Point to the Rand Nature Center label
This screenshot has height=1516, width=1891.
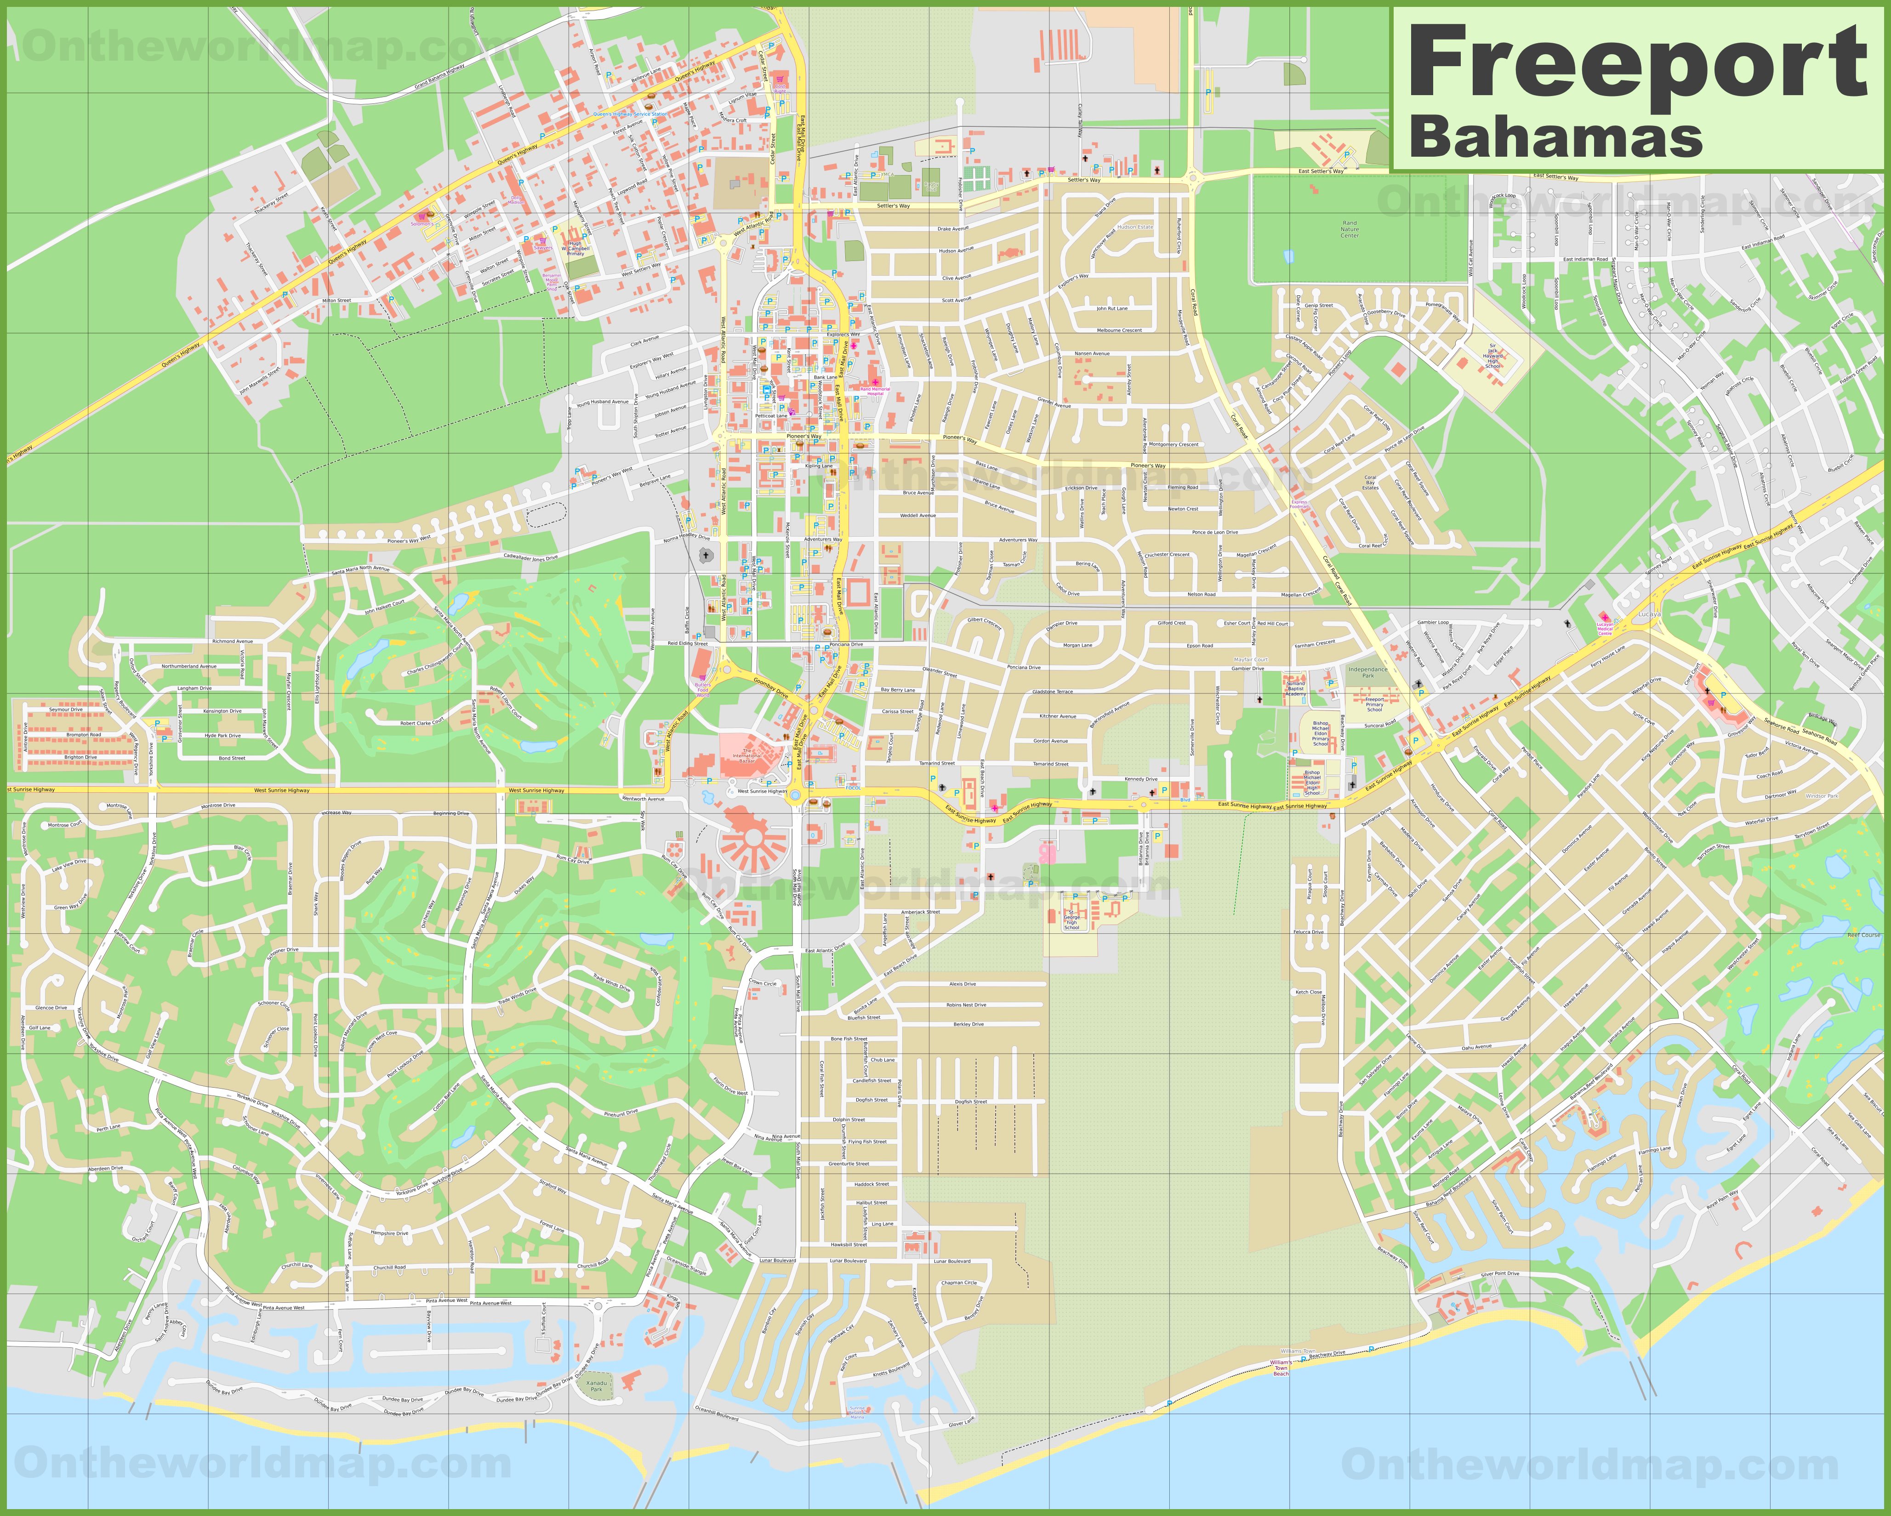1349,229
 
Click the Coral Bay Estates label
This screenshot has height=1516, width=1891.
1370,482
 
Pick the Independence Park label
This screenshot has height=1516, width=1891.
1367,672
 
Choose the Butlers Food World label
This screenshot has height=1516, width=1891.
702,687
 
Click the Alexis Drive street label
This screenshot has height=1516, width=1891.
962,984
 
